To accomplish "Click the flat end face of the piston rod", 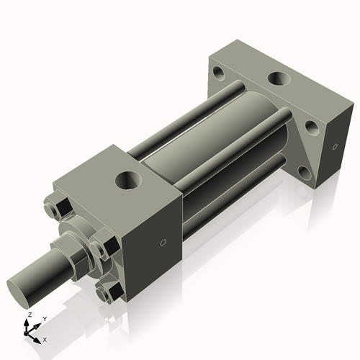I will tap(22, 291).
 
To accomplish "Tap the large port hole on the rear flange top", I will tap(277, 77).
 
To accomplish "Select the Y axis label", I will tap(44, 318).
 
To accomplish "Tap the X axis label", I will tap(45, 338).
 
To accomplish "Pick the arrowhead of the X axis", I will tap(39, 336).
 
